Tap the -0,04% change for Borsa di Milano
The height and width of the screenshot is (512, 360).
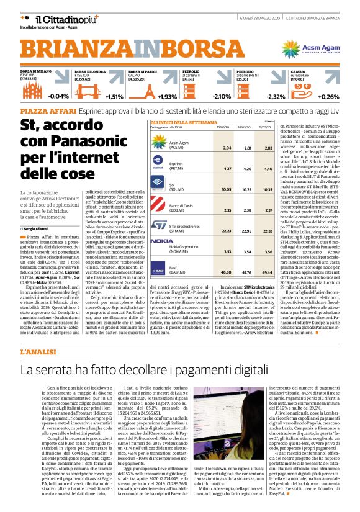click(58, 96)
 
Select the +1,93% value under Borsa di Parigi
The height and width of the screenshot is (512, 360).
click(167, 96)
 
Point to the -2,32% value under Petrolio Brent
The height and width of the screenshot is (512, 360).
click(276, 96)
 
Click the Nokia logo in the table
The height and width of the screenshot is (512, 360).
click(162, 240)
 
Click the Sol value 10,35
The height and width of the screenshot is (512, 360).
click(268, 189)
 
